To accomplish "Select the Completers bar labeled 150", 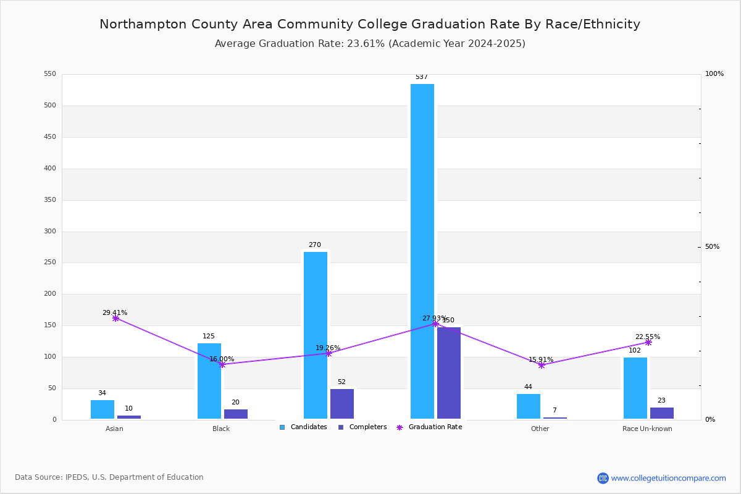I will click(x=449, y=373).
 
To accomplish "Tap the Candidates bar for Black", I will click(x=209, y=381).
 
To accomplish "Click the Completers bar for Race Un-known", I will click(x=661, y=413).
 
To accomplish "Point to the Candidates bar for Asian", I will click(x=103, y=409).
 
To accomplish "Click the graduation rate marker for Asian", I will click(x=115, y=318).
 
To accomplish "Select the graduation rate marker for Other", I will click(x=542, y=365).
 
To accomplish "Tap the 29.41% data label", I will click(x=115, y=313).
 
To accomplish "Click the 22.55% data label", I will click(x=647, y=337).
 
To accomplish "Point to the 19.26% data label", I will click(x=328, y=348).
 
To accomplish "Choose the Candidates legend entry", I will click(x=303, y=427).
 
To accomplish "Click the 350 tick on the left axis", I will click(x=49, y=200).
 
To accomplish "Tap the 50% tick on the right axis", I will click(x=712, y=247).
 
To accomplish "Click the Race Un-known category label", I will click(x=647, y=429).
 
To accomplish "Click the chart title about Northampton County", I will click(x=370, y=24).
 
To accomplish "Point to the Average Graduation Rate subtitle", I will click(x=370, y=44).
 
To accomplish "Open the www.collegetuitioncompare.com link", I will click(x=668, y=478).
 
